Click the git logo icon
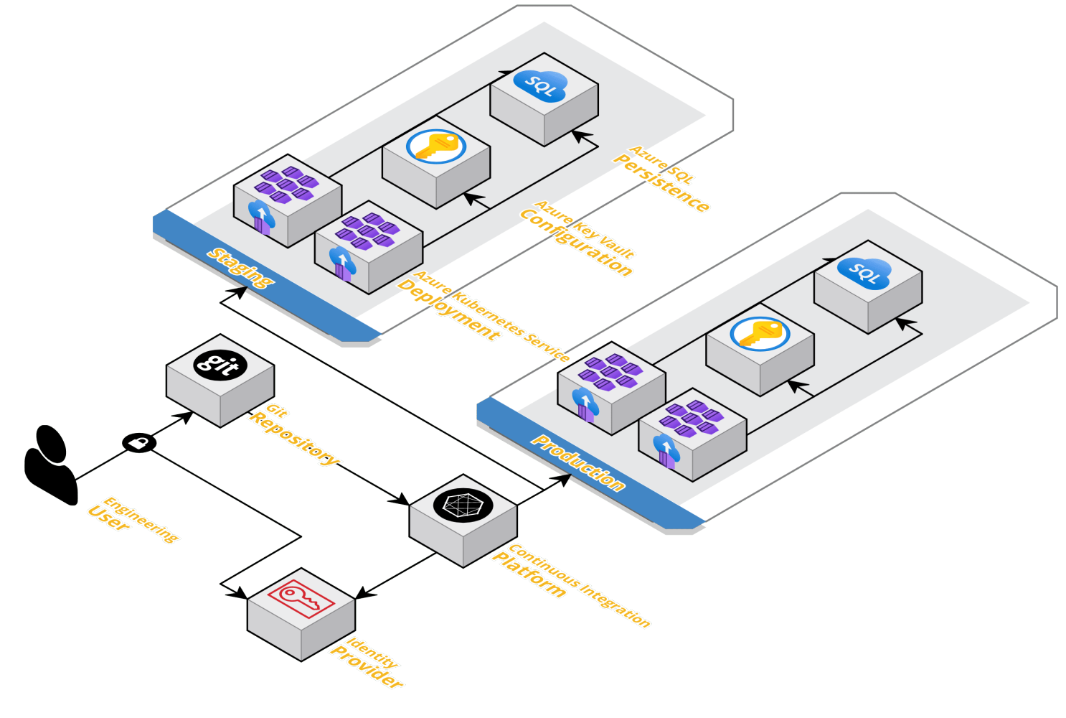[220, 365]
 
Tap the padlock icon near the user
[139, 442]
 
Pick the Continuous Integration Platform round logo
[463, 504]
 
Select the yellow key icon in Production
[760, 334]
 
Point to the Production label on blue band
[577, 463]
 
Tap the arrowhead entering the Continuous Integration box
[402, 500]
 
